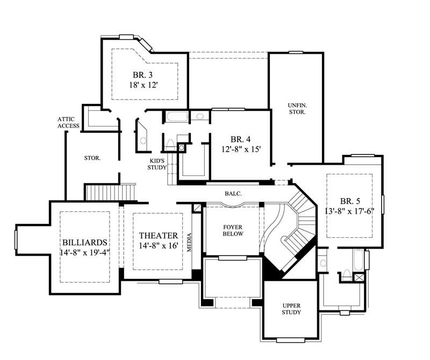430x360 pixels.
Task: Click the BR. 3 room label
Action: (x=144, y=74)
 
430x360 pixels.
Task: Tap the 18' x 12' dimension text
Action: (x=144, y=84)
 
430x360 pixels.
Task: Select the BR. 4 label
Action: (x=240, y=139)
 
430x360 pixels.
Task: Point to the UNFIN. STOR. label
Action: (x=296, y=109)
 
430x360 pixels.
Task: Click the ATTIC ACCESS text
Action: (x=69, y=122)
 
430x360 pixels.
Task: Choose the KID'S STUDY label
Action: (x=158, y=164)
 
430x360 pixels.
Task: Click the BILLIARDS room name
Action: (x=85, y=241)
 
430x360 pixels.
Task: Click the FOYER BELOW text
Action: (x=233, y=230)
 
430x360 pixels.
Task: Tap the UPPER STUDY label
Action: (x=291, y=308)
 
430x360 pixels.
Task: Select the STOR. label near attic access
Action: (x=92, y=158)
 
